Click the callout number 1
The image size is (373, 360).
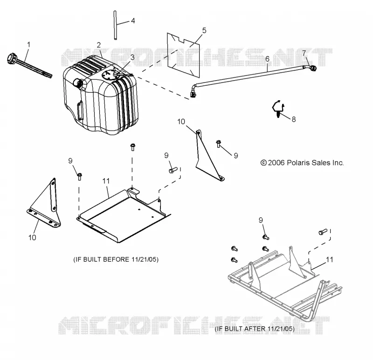(29, 45)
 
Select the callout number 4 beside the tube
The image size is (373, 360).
(133, 21)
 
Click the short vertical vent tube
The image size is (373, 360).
(115, 25)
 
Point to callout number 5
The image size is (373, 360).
(204, 30)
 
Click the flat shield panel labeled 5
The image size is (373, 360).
(183, 55)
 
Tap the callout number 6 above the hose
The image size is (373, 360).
(267, 59)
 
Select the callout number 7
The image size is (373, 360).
(304, 53)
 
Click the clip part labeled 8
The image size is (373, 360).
(278, 109)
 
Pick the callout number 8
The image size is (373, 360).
(294, 119)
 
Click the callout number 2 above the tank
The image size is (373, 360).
(99, 45)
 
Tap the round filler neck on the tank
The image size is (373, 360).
(78, 83)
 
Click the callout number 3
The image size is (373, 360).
(132, 57)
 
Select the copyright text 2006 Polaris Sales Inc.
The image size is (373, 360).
(302, 163)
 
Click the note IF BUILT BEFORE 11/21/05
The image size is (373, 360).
(116, 259)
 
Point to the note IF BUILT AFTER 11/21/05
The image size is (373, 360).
(255, 329)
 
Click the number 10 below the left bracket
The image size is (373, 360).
(32, 237)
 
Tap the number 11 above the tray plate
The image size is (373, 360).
(106, 181)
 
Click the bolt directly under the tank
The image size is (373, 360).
(132, 147)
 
